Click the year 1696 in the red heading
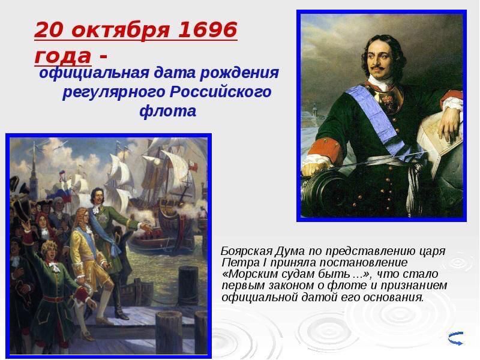pyautogui.click(x=207, y=29)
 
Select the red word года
pyautogui.click(x=63, y=56)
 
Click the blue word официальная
pyautogui.click(x=94, y=73)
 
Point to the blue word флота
pyautogui.click(x=168, y=110)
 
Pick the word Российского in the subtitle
pyautogui.click(x=221, y=92)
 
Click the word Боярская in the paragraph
pyautogui.click(x=247, y=251)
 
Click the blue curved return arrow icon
pyautogui.click(x=455, y=338)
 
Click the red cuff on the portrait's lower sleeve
pyautogui.click(x=325, y=149)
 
